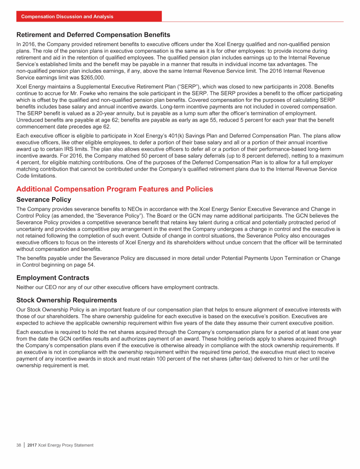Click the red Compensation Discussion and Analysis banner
pos(67,16)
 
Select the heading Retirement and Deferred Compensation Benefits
pos(93,35)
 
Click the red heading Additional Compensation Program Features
pos(115,189)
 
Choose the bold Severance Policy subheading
pos(44,200)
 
